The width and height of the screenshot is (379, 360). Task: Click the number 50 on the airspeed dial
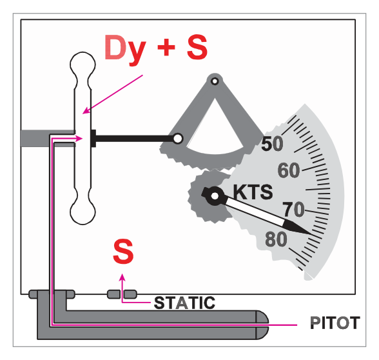point(272,144)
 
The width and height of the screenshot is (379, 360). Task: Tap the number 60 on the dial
point(289,170)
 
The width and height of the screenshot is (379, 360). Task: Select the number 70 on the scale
point(294,209)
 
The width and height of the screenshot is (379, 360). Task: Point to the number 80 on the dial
point(276,239)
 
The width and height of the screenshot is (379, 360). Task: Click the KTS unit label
point(253,192)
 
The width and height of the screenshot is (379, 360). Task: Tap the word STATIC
point(184,303)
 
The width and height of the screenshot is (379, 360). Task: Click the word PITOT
point(335,323)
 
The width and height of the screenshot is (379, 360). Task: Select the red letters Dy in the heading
point(125,49)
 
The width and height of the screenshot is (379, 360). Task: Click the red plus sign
point(166,47)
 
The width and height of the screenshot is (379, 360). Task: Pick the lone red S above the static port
point(123,251)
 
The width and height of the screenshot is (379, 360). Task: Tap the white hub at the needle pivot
point(215,196)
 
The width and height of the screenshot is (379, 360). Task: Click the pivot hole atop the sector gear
point(215,81)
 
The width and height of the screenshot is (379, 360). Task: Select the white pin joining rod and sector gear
point(178,139)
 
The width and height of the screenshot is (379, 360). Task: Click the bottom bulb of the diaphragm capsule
point(83,212)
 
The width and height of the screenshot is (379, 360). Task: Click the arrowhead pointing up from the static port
point(122,277)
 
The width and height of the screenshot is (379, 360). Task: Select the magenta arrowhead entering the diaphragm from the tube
point(79,139)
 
